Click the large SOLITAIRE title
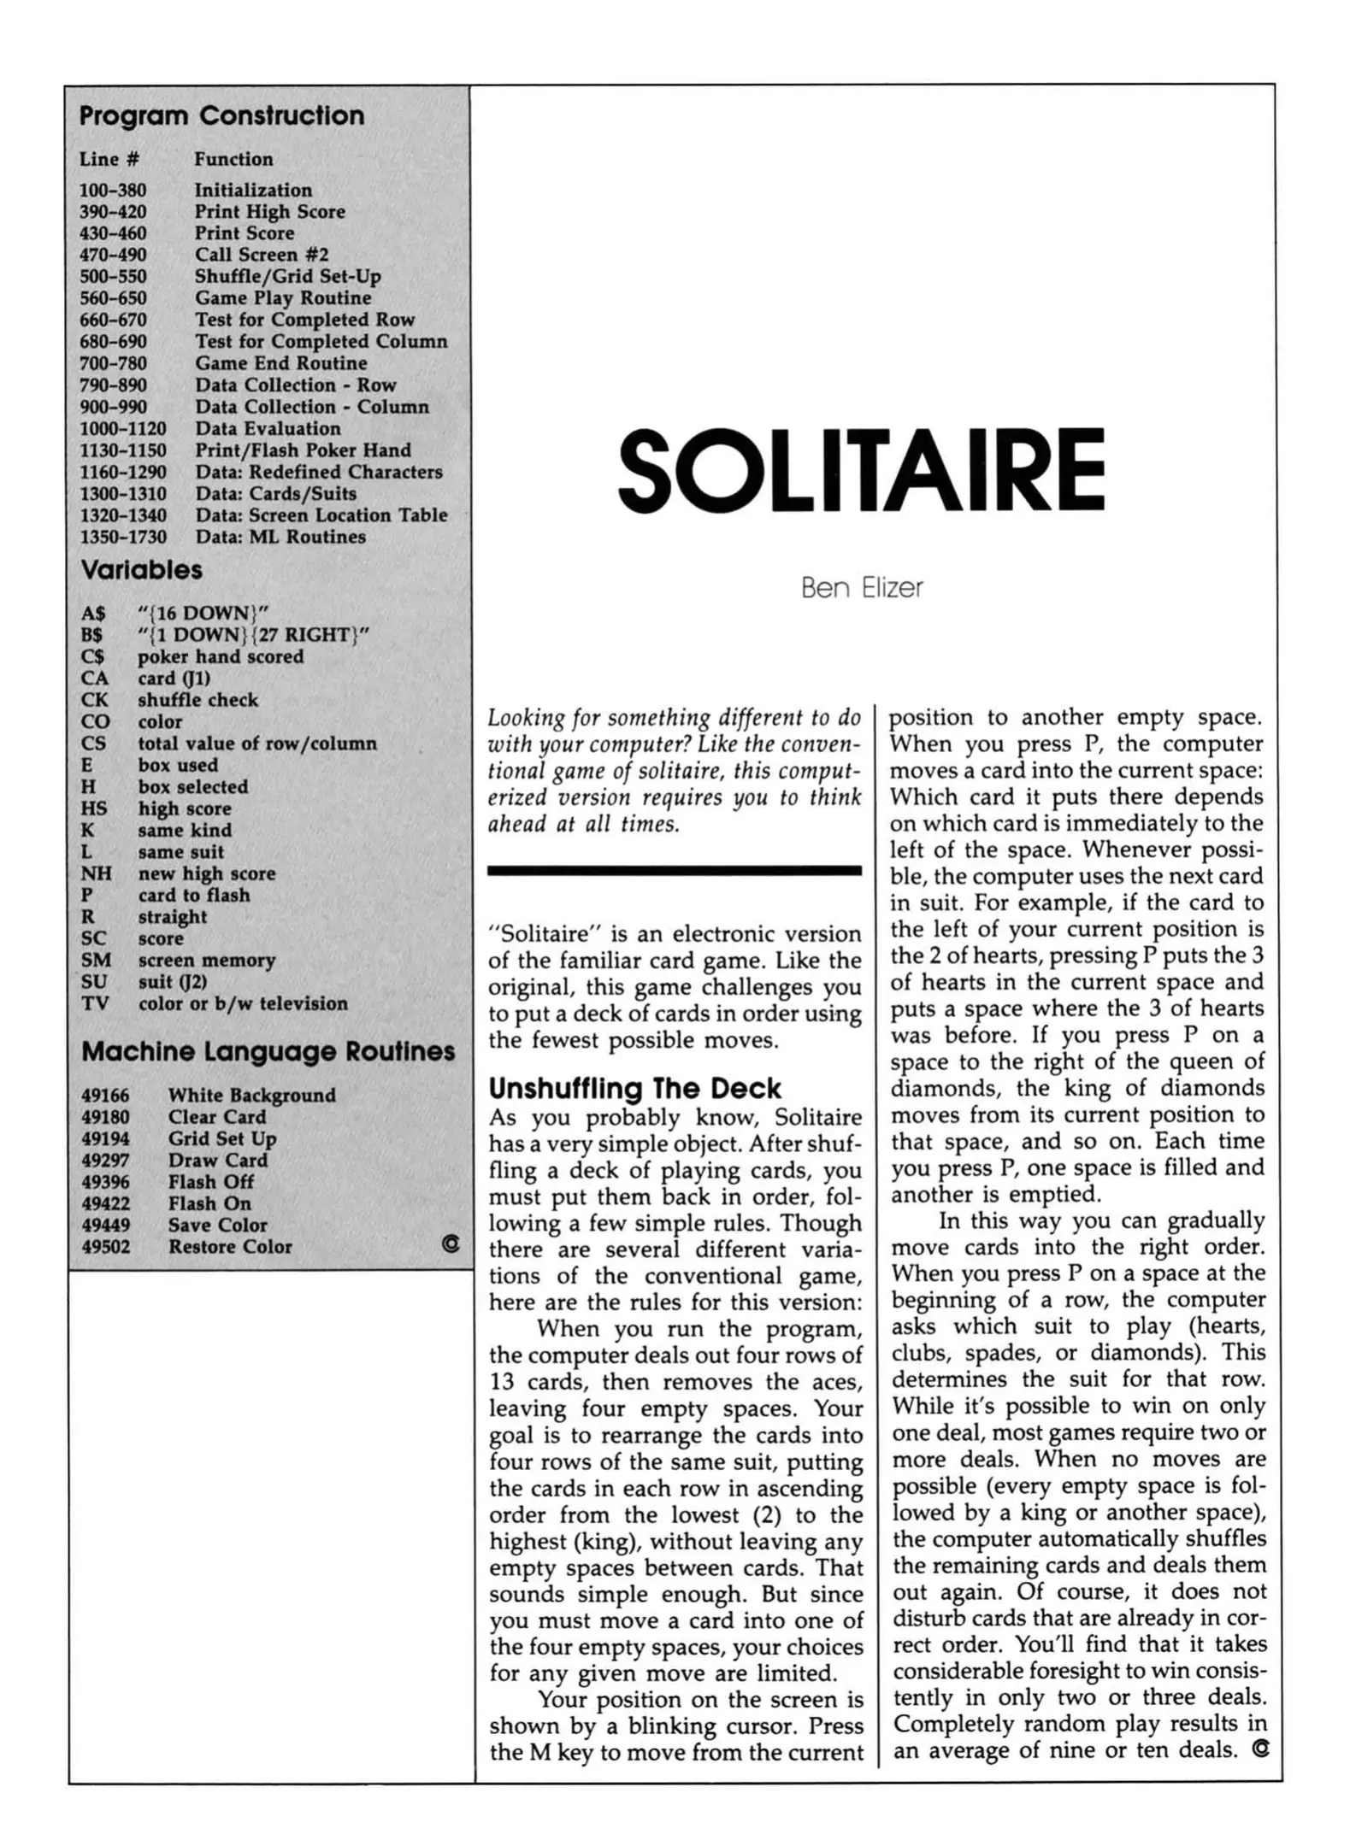click(860, 469)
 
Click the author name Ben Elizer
click(861, 588)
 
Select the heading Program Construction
click(221, 115)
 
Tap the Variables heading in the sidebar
click(141, 570)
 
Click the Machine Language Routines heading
click(268, 1051)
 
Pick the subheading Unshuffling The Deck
click(634, 1088)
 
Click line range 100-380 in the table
click(113, 190)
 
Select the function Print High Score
click(269, 211)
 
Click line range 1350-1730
click(122, 537)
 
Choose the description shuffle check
click(197, 700)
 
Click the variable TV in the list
click(94, 1003)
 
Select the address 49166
click(105, 1095)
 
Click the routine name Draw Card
click(217, 1160)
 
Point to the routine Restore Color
click(229, 1247)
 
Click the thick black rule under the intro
click(674, 870)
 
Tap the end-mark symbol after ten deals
click(1259, 1749)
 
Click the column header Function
click(233, 159)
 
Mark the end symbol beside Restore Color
click(450, 1244)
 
